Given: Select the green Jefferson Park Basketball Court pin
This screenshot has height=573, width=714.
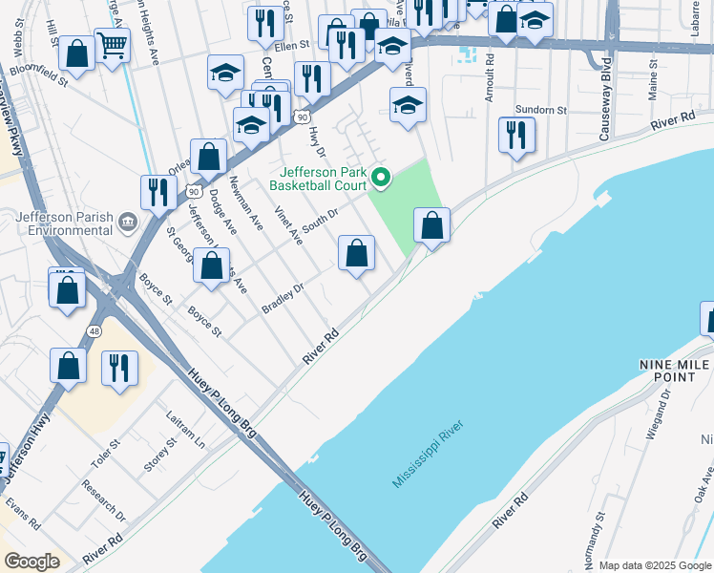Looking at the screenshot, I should pos(381,177).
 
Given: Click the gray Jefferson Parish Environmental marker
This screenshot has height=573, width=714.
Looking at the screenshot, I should pos(128,223).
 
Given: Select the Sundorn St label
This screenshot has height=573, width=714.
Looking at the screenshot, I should pos(540,110).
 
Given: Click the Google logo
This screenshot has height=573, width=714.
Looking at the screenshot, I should pos(32,562).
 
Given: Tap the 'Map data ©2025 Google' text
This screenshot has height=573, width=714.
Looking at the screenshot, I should pos(654,565).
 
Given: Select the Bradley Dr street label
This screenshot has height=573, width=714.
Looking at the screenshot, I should pos(283,298).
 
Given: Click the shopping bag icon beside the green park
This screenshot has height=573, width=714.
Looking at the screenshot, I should pos(431,226).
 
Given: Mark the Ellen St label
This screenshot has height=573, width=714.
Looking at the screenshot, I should pos(292,45).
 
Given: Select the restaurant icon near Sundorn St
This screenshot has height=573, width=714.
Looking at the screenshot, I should pos(516,135).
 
